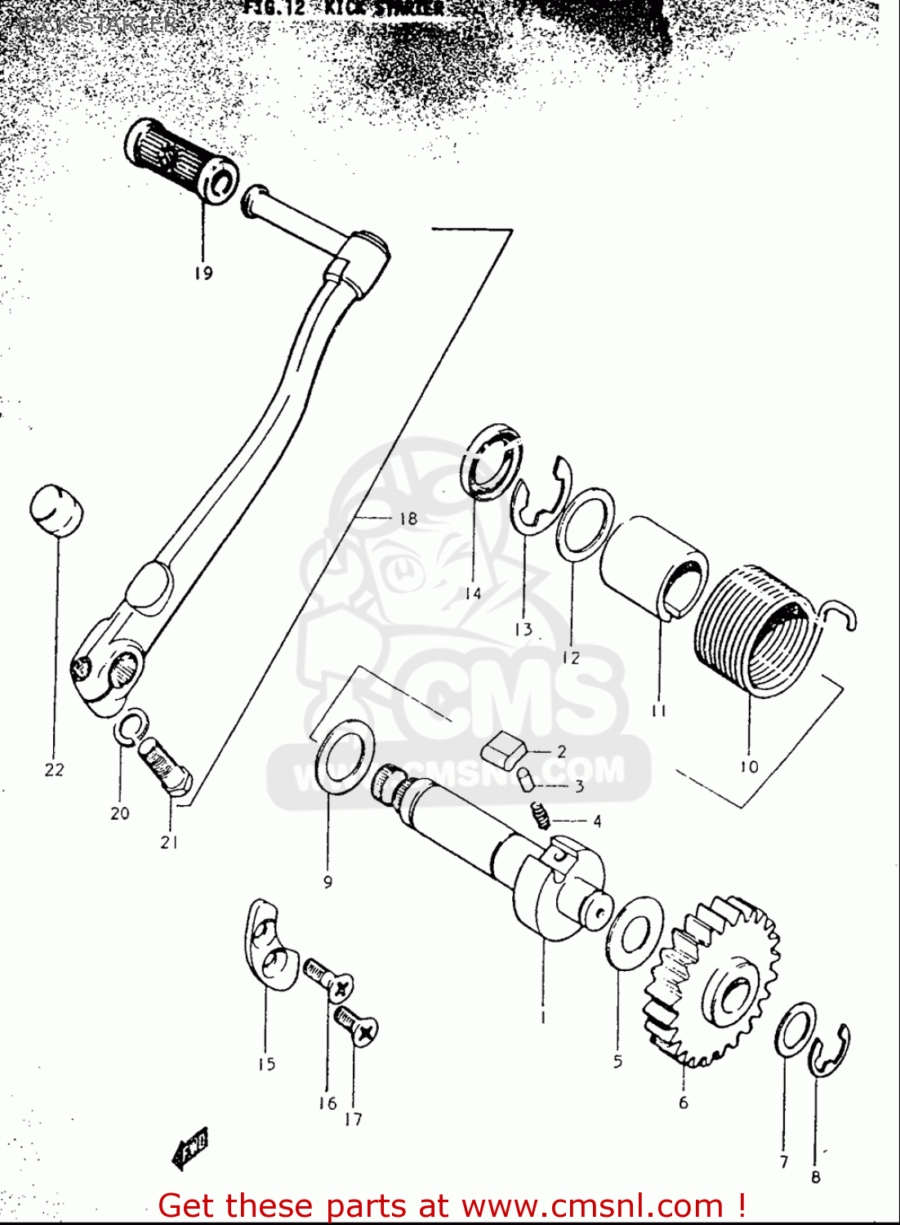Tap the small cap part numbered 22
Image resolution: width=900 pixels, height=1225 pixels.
click(56, 511)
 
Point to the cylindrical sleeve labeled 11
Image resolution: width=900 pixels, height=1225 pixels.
click(653, 564)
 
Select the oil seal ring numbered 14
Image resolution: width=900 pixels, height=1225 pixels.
click(492, 462)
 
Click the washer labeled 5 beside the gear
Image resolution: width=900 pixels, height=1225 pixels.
click(634, 933)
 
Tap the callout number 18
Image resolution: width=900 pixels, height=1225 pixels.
click(408, 519)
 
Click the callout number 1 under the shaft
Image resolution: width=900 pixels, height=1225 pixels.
click(543, 1018)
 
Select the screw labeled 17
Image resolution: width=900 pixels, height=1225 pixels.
click(358, 1025)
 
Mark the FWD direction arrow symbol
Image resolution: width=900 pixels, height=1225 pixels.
click(190, 1150)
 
